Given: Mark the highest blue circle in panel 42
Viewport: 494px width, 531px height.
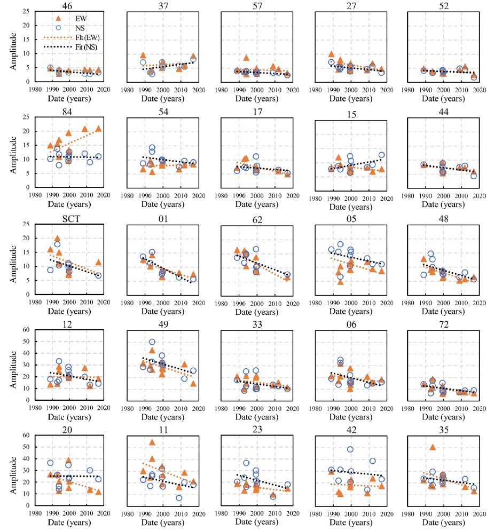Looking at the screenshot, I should (350, 449).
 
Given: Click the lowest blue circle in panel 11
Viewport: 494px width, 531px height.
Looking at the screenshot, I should (179, 498).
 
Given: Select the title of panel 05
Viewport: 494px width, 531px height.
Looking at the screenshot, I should (349, 217).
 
